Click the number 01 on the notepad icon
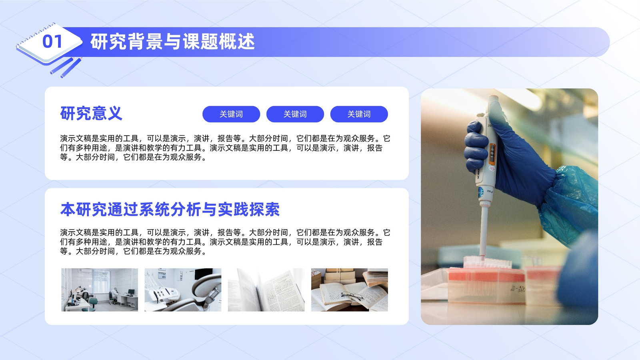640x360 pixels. click(52, 42)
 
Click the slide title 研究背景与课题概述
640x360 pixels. click(172, 42)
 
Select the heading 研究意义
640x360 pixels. click(91, 114)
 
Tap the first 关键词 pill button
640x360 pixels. click(231, 114)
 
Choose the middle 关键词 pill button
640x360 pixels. click(295, 114)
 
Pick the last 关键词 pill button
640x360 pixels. click(359, 114)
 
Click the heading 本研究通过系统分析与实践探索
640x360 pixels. click(170, 210)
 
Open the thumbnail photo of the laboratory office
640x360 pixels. click(100, 290)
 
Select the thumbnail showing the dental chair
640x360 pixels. click(183, 290)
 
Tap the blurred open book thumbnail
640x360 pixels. click(266, 290)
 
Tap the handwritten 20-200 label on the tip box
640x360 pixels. click(518, 289)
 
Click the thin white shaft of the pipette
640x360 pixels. click(483, 232)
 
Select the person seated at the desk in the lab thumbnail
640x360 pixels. click(114, 296)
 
